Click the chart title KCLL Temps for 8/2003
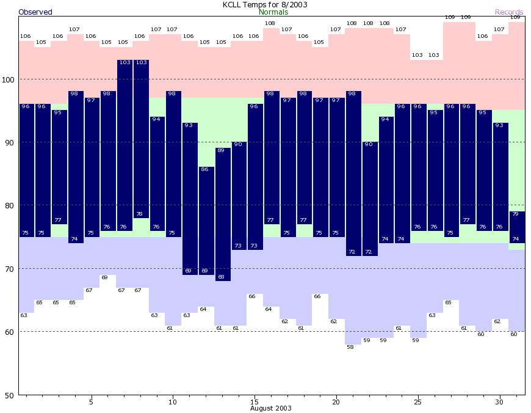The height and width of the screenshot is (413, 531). coord(265,4)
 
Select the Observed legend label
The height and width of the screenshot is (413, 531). coord(35,12)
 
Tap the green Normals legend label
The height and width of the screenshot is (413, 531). coord(274,12)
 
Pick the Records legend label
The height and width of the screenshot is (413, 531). coord(509,12)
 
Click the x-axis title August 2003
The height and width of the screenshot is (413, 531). coord(270,408)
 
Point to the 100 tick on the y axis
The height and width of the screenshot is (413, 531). coord(10,79)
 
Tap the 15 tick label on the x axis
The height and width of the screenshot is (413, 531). coord(254,402)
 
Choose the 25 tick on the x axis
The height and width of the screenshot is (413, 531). coord(417,402)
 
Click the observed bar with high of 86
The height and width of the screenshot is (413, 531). coord(206,220)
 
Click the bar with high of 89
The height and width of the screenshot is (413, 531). coord(223,214)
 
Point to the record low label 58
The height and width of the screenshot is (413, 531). coord(350,348)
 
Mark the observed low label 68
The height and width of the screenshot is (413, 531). coord(221,277)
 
